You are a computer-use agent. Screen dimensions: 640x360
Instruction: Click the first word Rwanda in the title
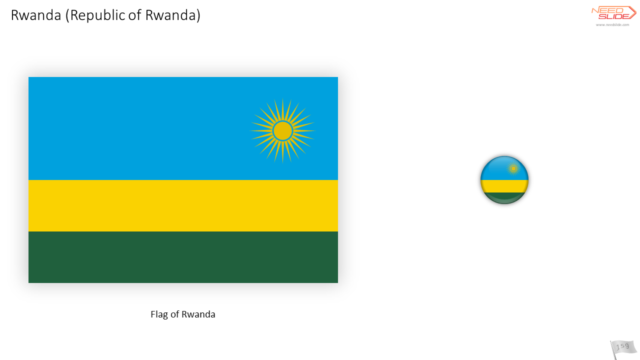[36, 15]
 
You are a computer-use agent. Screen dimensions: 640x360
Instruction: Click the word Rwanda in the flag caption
[198, 314]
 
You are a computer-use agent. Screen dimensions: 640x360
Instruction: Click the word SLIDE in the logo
[613, 16]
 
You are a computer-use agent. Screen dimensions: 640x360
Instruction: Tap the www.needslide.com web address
[612, 25]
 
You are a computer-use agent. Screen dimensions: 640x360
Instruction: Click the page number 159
[622, 346]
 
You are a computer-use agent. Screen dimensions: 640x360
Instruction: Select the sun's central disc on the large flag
[282, 131]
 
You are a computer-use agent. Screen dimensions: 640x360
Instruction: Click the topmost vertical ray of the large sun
[282, 109]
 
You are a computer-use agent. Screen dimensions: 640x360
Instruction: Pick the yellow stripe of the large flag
[183, 205]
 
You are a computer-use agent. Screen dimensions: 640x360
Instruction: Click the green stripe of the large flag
[183, 257]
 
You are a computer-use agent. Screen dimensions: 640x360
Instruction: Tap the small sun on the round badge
[513, 169]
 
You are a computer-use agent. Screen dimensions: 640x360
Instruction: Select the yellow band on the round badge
[504, 186]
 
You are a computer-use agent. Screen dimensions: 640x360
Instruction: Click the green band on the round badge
[504, 197]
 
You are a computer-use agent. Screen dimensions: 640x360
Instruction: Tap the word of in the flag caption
[175, 314]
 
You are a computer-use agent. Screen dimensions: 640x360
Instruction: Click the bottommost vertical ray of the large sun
[282, 152]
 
